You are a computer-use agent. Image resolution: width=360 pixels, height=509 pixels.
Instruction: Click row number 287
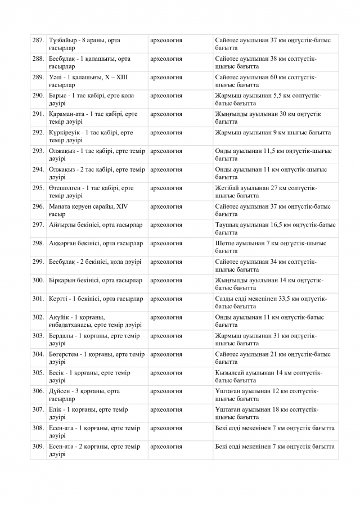click(x=38, y=40)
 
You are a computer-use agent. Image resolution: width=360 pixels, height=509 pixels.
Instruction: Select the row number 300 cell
click(x=38, y=280)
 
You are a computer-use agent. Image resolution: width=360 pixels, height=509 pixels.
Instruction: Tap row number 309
click(x=38, y=447)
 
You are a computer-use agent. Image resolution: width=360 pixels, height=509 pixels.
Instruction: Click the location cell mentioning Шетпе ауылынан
click(x=275, y=247)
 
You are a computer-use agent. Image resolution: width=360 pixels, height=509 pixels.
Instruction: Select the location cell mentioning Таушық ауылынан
click(x=275, y=228)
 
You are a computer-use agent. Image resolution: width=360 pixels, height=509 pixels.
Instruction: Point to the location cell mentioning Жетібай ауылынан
click(x=275, y=192)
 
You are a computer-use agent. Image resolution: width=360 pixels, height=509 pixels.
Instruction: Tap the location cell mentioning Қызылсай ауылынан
click(x=275, y=376)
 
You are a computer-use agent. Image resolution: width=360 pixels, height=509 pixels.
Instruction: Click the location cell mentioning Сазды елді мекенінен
click(x=275, y=303)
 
